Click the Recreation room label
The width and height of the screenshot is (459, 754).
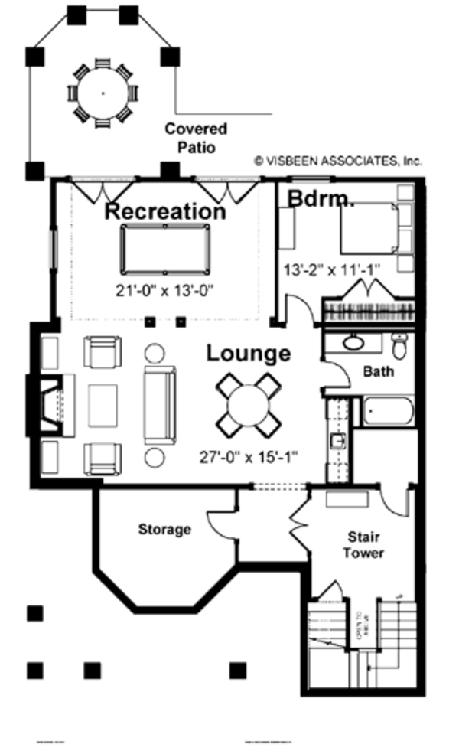pyautogui.click(x=165, y=211)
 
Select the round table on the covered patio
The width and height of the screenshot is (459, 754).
pyautogui.click(x=103, y=93)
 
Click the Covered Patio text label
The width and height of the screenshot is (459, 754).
pyautogui.click(x=196, y=138)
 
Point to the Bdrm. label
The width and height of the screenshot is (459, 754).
pyautogui.click(x=321, y=199)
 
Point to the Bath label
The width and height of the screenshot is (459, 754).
pyautogui.click(x=378, y=372)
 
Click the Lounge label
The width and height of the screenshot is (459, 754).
pyautogui.click(x=249, y=354)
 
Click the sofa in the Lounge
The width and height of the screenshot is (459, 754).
pyautogui.click(x=160, y=405)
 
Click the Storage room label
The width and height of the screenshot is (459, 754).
pyautogui.click(x=164, y=529)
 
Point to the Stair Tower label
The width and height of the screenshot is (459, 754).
pyautogui.click(x=363, y=545)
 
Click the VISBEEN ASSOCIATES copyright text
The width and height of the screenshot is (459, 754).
pyautogui.click(x=337, y=162)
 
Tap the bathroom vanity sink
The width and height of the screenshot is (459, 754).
pyautogui.click(x=354, y=342)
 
